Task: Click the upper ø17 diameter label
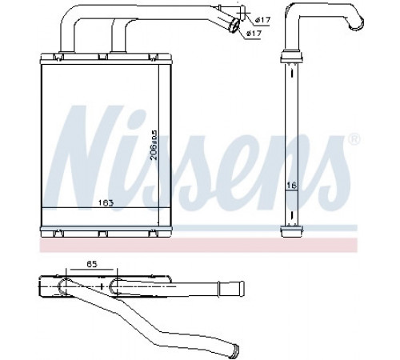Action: coord(263,20)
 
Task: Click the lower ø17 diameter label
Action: coord(254,34)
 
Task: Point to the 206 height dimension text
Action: coord(154,145)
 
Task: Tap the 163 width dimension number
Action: coord(106,203)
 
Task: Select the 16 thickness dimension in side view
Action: coord(292,185)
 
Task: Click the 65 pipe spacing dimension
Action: coord(92,264)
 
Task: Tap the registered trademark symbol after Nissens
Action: coord(354,139)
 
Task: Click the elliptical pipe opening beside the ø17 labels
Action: coord(234,25)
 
